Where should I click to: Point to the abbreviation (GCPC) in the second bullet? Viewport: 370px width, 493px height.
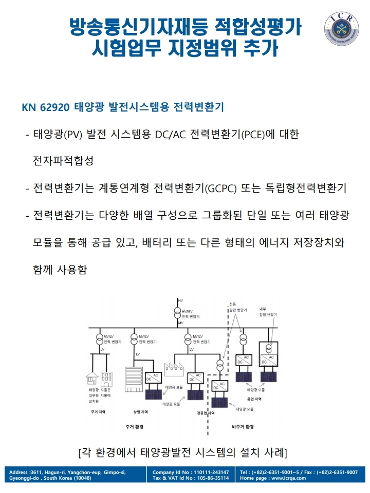(x=220, y=188)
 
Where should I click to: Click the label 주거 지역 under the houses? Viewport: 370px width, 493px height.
(x=98, y=412)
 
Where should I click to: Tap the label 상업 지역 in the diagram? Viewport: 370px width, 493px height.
(x=140, y=412)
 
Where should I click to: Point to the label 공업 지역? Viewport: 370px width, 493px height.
(x=254, y=399)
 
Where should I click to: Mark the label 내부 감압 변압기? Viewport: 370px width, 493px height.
(x=268, y=312)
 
